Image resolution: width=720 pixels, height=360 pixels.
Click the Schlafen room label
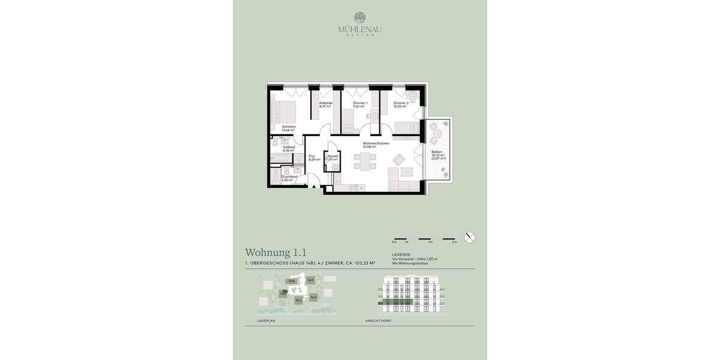(289, 128)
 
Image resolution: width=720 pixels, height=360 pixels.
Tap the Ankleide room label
(325, 104)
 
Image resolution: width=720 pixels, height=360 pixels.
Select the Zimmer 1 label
(359, 104)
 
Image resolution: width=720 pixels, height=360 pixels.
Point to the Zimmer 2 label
(401, 104)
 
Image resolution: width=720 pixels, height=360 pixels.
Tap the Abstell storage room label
(333, 158)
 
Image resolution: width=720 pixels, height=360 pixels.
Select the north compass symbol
(470, 237)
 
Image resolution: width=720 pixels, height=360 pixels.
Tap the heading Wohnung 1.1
(276, 253)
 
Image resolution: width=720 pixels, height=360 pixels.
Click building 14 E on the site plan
(310, 280)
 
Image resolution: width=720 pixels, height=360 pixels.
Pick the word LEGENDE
(401, 254)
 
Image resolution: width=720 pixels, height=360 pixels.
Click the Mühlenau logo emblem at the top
(360, 18)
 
